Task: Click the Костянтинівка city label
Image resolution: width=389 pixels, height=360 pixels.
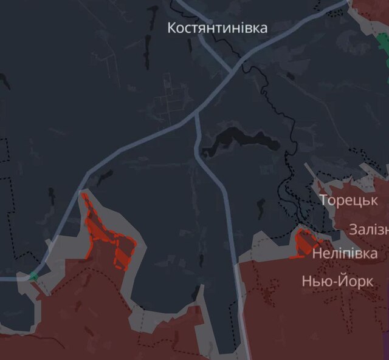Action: (x=217, y=28)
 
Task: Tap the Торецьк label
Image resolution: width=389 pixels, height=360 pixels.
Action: (x=349, y=200)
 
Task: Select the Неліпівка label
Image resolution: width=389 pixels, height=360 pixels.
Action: (x=344, y=253)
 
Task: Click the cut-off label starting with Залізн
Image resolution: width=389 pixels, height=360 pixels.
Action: (x=368, y=229)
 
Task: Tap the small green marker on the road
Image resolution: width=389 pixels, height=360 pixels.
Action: (x=33, y=277)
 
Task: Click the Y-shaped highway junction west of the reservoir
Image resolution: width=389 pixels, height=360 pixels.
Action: (x=196, y=114)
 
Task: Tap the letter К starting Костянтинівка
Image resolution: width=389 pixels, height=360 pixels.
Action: (x=172, y=28)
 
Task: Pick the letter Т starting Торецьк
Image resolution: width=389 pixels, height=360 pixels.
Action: (x=325, y=200)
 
